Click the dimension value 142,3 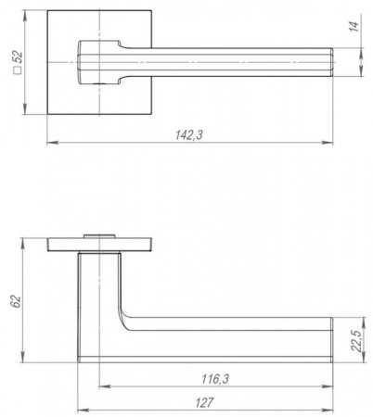coord(189,135)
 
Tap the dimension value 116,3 coord(215,379)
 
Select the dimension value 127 coord(204,403)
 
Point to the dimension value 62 coord(16,301)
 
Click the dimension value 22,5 coord(356,341)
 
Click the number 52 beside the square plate coord(18,57)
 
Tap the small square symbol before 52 coord(18,70)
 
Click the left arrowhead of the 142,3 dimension coord(52,143)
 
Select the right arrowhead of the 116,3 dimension coord(328,386)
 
